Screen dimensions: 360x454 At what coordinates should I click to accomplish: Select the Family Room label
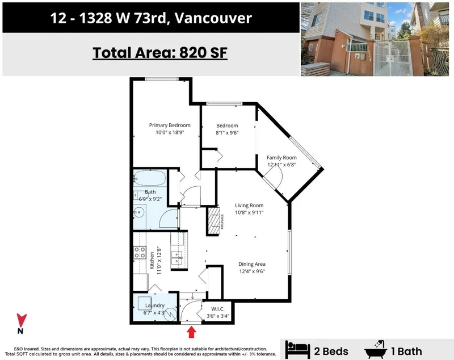(x=282, y=157)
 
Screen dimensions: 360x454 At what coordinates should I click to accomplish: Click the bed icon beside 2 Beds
(x=297, y=348)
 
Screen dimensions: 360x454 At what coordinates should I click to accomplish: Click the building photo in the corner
(x=376, y=39)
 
